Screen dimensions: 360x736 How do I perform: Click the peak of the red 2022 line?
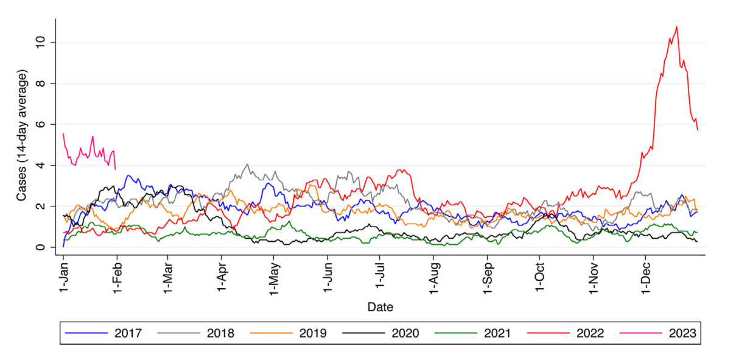coord(676,27)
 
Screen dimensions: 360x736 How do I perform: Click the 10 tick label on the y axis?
coord(40,43)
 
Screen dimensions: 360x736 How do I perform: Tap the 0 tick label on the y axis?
coord(40,247)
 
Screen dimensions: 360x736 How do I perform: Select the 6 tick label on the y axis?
coord(40,124)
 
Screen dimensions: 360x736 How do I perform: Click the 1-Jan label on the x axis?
coord(63,277)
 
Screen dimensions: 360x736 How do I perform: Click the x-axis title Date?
coord(380,306)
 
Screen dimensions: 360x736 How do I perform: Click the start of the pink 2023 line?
coord(63,133)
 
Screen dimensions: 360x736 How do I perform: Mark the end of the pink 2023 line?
coord(116,169)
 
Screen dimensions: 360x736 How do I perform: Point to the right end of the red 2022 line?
coord(697,130)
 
